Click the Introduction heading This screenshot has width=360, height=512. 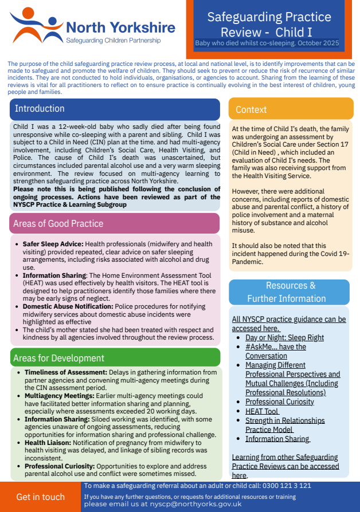(40, 109)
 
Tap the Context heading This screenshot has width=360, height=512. (251, 109)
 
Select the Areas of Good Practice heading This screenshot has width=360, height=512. (59, 223)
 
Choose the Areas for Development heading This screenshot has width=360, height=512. (60, 359)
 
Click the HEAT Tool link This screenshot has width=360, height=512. (262, 411)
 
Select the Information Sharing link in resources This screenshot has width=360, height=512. (277, 439)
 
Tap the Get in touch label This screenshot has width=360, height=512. (41, 497)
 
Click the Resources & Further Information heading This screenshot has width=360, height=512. (289, 292)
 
